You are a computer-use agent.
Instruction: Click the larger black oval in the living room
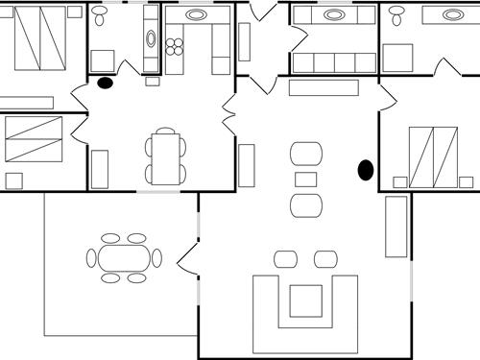(x=366, y=170)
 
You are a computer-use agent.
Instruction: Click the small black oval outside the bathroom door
(x=105, y=84)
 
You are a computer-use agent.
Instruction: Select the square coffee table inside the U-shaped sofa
(x=305, y=300)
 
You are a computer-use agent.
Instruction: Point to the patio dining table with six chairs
(x=124, y=258)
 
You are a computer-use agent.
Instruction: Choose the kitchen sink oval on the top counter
(x=196, y=15)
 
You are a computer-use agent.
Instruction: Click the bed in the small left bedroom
(x=34, y=139)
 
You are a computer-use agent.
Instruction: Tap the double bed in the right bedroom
(x=434, y=156)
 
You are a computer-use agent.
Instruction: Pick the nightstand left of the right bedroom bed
(x=400, y=181)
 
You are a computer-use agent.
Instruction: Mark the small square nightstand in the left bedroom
(x=13, y=180)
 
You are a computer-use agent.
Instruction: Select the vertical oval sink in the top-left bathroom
(x=151, y=38)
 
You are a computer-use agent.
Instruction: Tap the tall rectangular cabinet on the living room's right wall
(x=396, y=227)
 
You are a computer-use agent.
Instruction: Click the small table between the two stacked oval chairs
(x=306, y=180)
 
